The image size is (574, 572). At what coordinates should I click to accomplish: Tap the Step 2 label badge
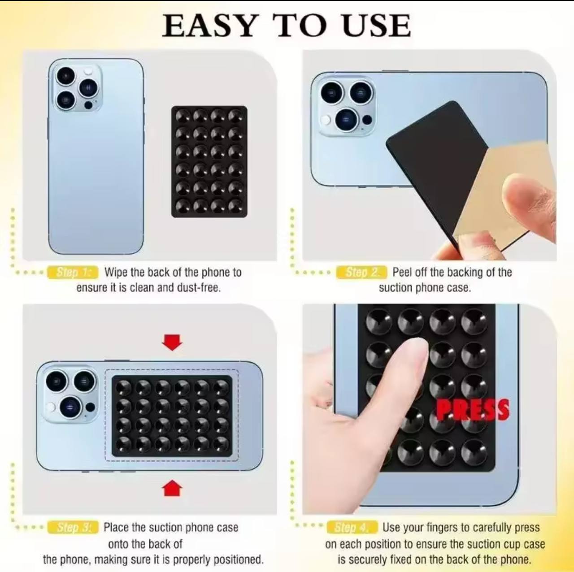pyautogui.click(x=361, y=272)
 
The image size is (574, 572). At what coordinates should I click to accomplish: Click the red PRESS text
pyautogui.click(x=473, y=409)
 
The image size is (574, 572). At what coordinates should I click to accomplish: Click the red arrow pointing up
pyautogui.click(x=172, y=488)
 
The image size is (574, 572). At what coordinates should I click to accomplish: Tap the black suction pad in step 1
pyautogui.click(x=209, y=162)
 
